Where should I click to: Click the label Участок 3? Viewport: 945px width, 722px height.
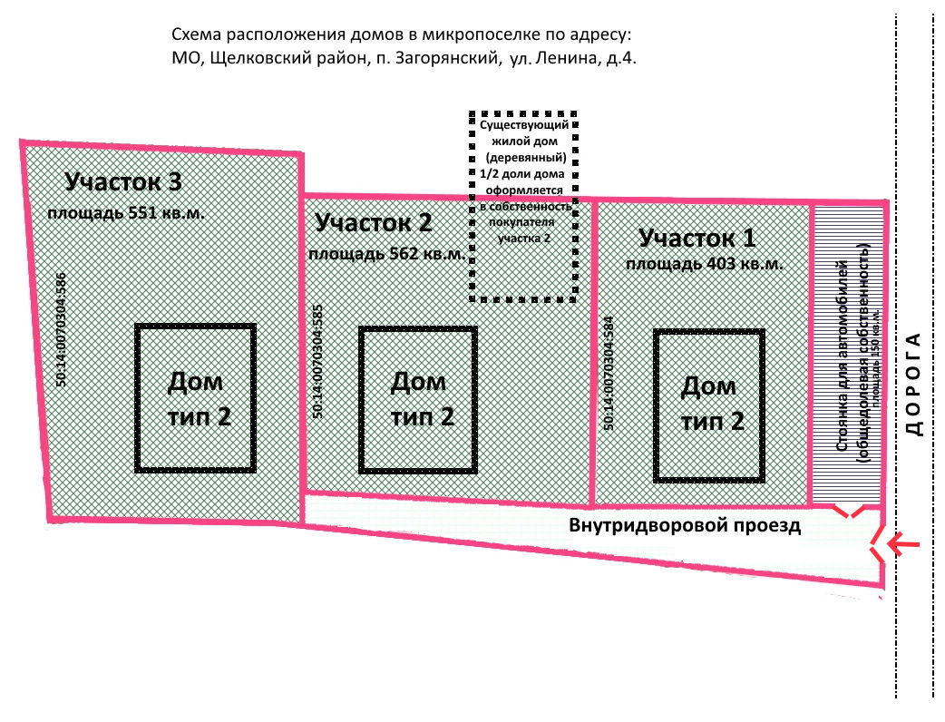(123, 182)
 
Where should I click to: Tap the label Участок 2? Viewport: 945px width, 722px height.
(373, 222)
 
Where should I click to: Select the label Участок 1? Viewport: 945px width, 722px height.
(697, 239)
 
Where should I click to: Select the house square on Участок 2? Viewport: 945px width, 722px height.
(418, 400)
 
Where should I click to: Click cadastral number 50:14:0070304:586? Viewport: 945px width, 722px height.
(62, 331)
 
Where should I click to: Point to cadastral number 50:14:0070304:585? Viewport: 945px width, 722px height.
(317, 361)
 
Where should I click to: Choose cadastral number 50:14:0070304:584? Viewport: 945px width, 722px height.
(608, 372)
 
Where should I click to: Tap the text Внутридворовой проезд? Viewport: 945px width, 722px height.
(685, 525)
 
